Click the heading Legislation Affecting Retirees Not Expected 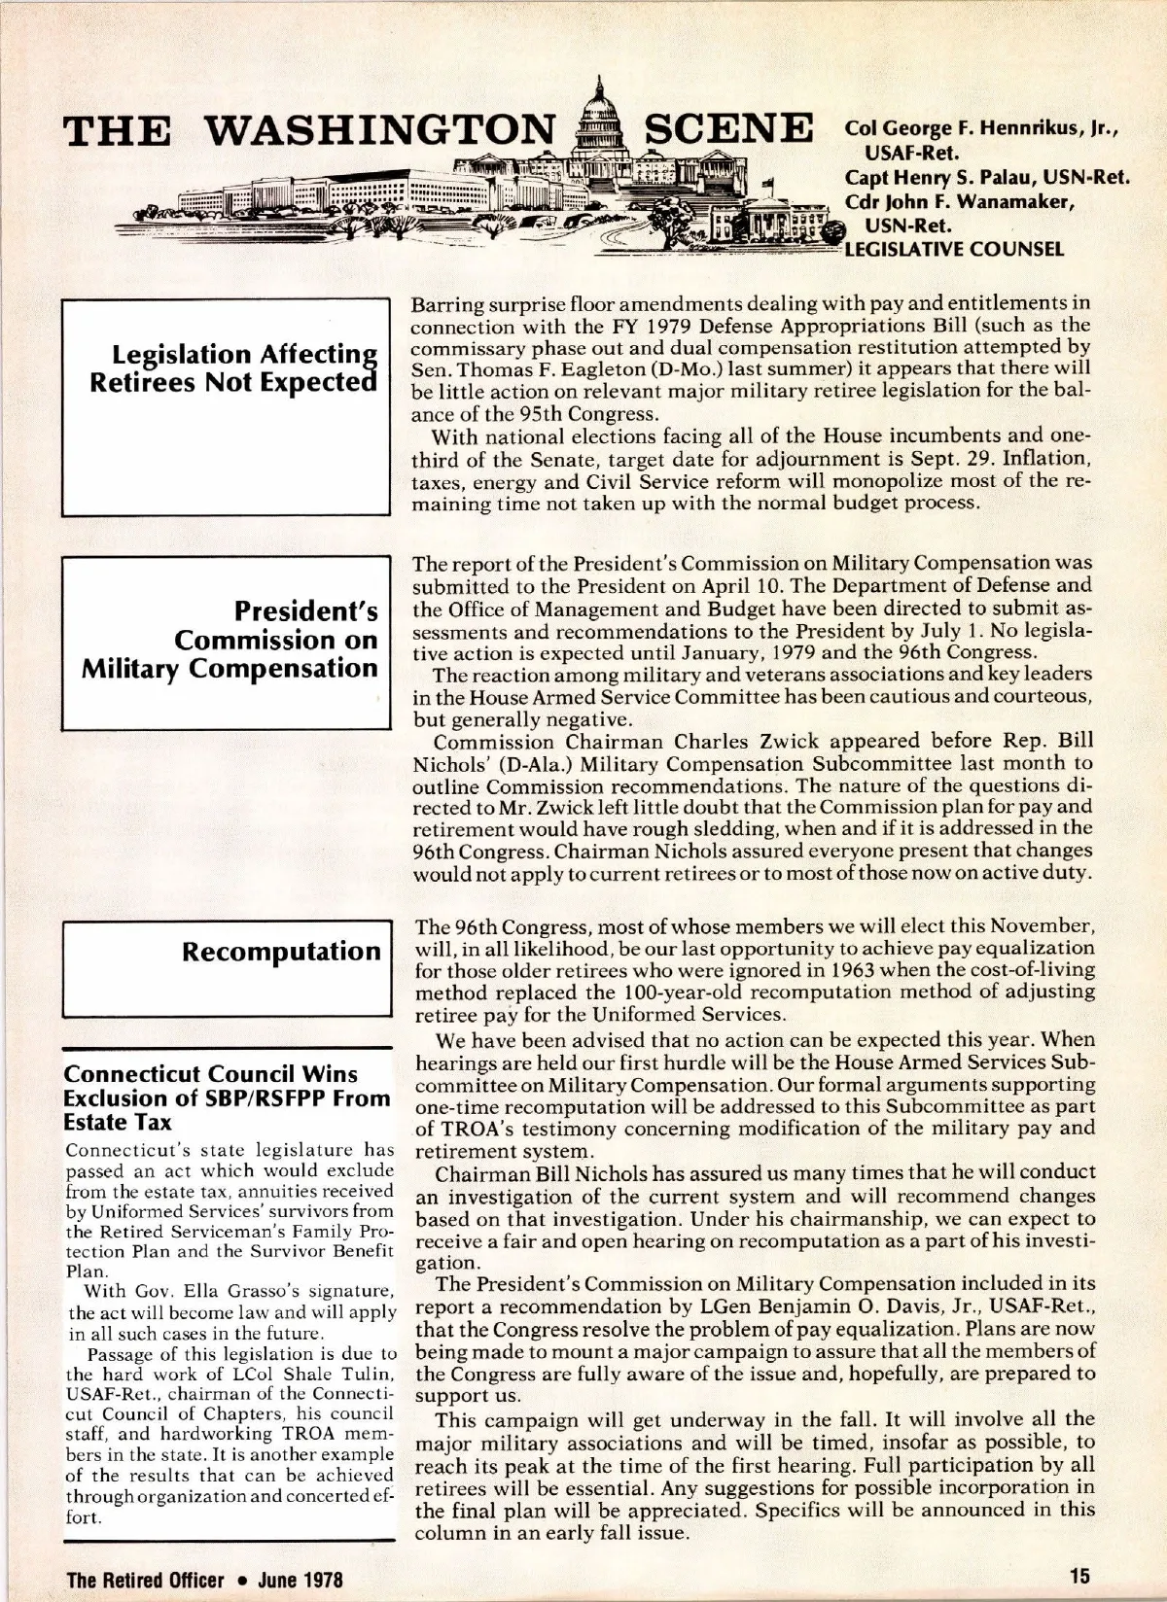point(232,367)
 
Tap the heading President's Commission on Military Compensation point(230,639)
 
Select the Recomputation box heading point(281,951)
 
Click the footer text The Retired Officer point(146,1579)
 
